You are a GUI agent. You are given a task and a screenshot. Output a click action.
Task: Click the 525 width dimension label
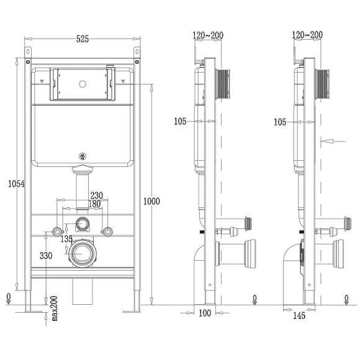point(82,39)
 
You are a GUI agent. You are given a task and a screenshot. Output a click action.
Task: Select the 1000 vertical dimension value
point(151,200)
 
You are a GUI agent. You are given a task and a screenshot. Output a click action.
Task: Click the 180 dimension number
point(94,204)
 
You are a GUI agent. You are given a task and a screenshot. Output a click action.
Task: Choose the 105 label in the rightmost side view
point(281,122)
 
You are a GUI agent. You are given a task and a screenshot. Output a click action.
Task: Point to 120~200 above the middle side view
point(208,35)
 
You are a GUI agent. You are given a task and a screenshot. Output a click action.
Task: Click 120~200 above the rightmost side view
point(307,35)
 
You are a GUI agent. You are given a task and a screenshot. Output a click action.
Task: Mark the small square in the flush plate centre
point(82,83)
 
